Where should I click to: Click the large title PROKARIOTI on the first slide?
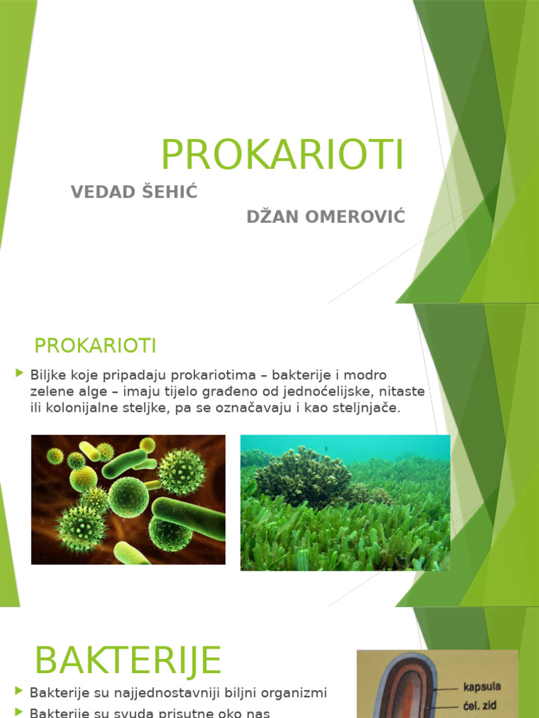point(283,155)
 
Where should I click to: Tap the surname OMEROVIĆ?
point(352,217)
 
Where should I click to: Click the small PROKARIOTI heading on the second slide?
point(95,346)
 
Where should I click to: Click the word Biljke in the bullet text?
point(46,374)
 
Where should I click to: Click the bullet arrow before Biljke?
point(19,374)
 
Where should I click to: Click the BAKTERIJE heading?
point(128,661)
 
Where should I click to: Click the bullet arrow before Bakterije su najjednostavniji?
point(19,692)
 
